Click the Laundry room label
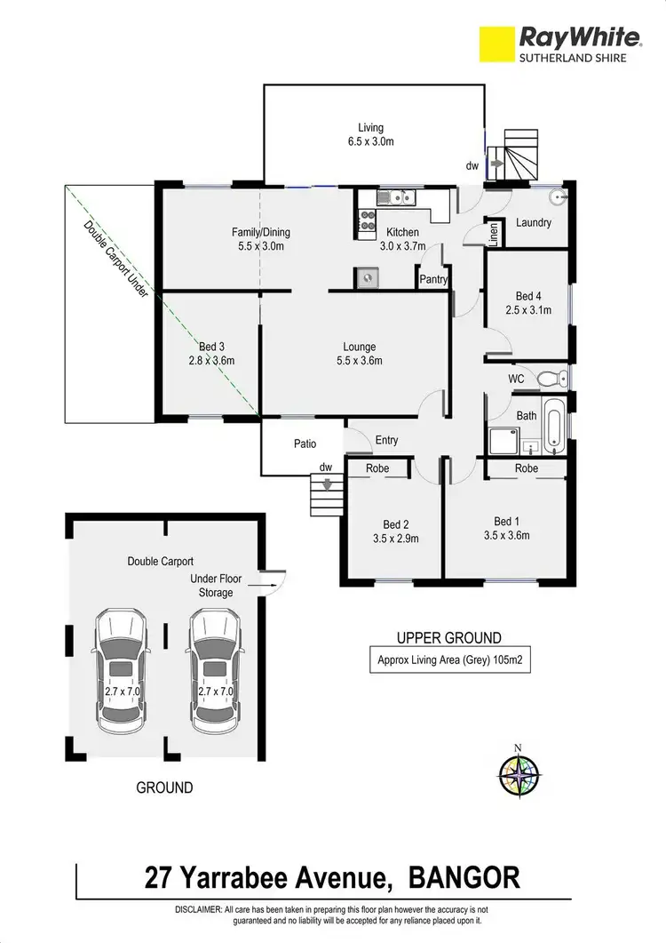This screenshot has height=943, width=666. [534, 223]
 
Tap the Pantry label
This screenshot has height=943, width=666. [433, 279]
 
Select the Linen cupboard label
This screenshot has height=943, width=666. [494, 234]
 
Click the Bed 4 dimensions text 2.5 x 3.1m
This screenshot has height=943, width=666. [527, 310]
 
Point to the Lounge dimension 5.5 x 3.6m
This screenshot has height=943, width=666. [360, 361]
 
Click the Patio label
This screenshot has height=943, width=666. [305, 444]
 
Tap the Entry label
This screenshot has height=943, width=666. [387, 440]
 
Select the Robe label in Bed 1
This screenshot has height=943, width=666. [527, 468]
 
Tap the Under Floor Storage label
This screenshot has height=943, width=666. [216, 586]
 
